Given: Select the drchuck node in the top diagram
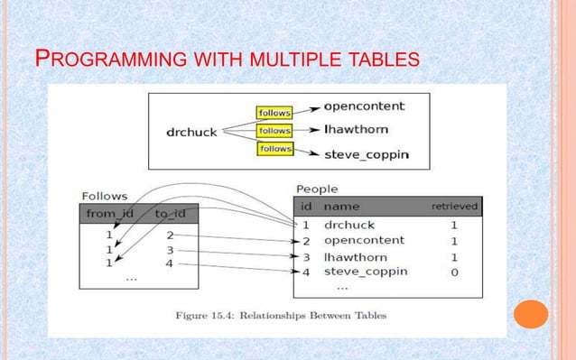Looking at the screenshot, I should pyautogui.click(x=191, y=132).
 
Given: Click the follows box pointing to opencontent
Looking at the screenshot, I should pyautogui.click(x=274, y=113).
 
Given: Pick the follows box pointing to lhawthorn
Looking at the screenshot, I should pyautogui.click(x=274, y=131).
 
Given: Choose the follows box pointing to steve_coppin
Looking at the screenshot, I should pyautogui.click(x=274, y=148).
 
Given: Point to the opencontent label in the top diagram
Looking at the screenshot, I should pyautogui.click(x=364, y=106).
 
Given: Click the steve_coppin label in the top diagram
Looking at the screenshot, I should pyautogui.click(x=366, y=154).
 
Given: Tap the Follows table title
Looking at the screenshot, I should pyautogui.click(x=104, y=195).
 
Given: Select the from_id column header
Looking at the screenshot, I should pyautogui.click(x=111, y=214).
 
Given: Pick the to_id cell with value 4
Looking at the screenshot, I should pyautogui.click(x=169, y=263).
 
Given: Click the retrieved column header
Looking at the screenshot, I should pyautogui.click(x=454, y=208).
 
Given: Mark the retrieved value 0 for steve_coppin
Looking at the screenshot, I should pyautogui.click(x=453, y=272).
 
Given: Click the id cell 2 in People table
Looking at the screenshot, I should pyautogui.click(x=306, y=241).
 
